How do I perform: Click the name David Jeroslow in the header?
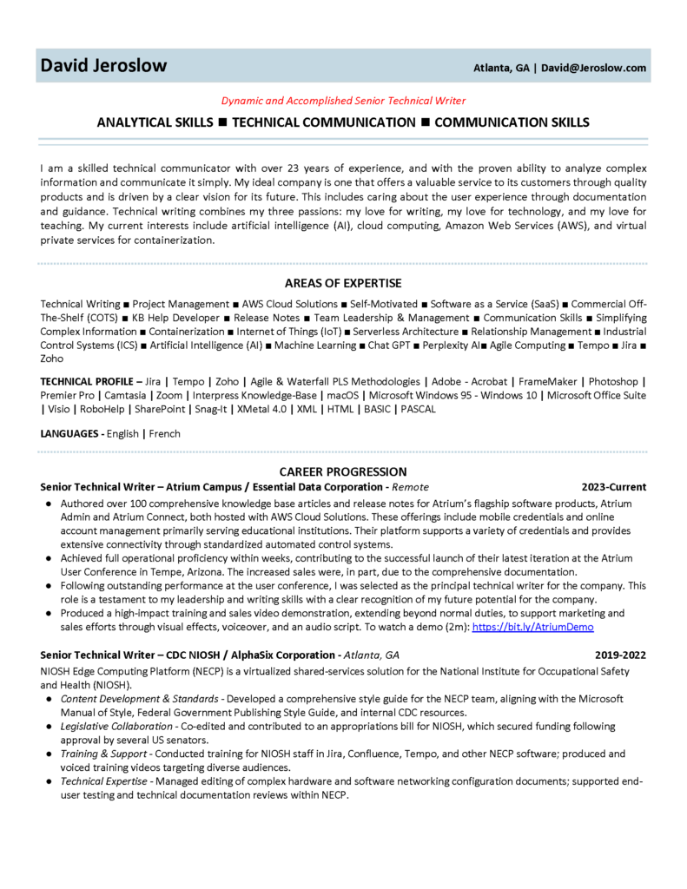pos(103,66)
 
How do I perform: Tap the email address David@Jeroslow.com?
pos(594,68)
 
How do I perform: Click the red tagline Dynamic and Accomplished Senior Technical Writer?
pos(342,101)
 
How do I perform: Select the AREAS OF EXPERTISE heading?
pos(343,283)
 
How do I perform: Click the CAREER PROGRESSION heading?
pos(343,471)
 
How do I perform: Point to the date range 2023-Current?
pos(614,487)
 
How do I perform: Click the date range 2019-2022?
pos(620,655)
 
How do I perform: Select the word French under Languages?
pos(165,433)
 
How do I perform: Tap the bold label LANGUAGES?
pos(70,433)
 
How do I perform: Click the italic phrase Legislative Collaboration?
pos(116,726)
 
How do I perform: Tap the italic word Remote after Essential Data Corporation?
pos(410,487)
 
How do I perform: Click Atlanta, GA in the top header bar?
pos(501,68)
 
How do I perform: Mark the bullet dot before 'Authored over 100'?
pos(47,504)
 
